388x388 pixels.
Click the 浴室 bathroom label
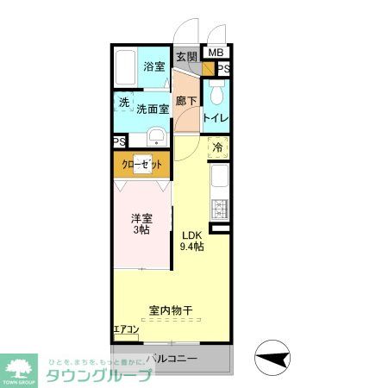click(154, 66)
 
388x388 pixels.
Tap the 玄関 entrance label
click(186, 57)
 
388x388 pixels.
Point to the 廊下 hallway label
click(186, 101)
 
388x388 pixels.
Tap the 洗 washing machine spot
click(124, 103)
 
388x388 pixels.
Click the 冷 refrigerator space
click(217, 147)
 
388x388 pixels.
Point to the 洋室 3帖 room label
click(141, 224)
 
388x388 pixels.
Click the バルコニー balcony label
click(172, 358)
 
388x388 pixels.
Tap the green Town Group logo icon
click(18, 366)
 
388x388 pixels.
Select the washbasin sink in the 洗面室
click(156, 137)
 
